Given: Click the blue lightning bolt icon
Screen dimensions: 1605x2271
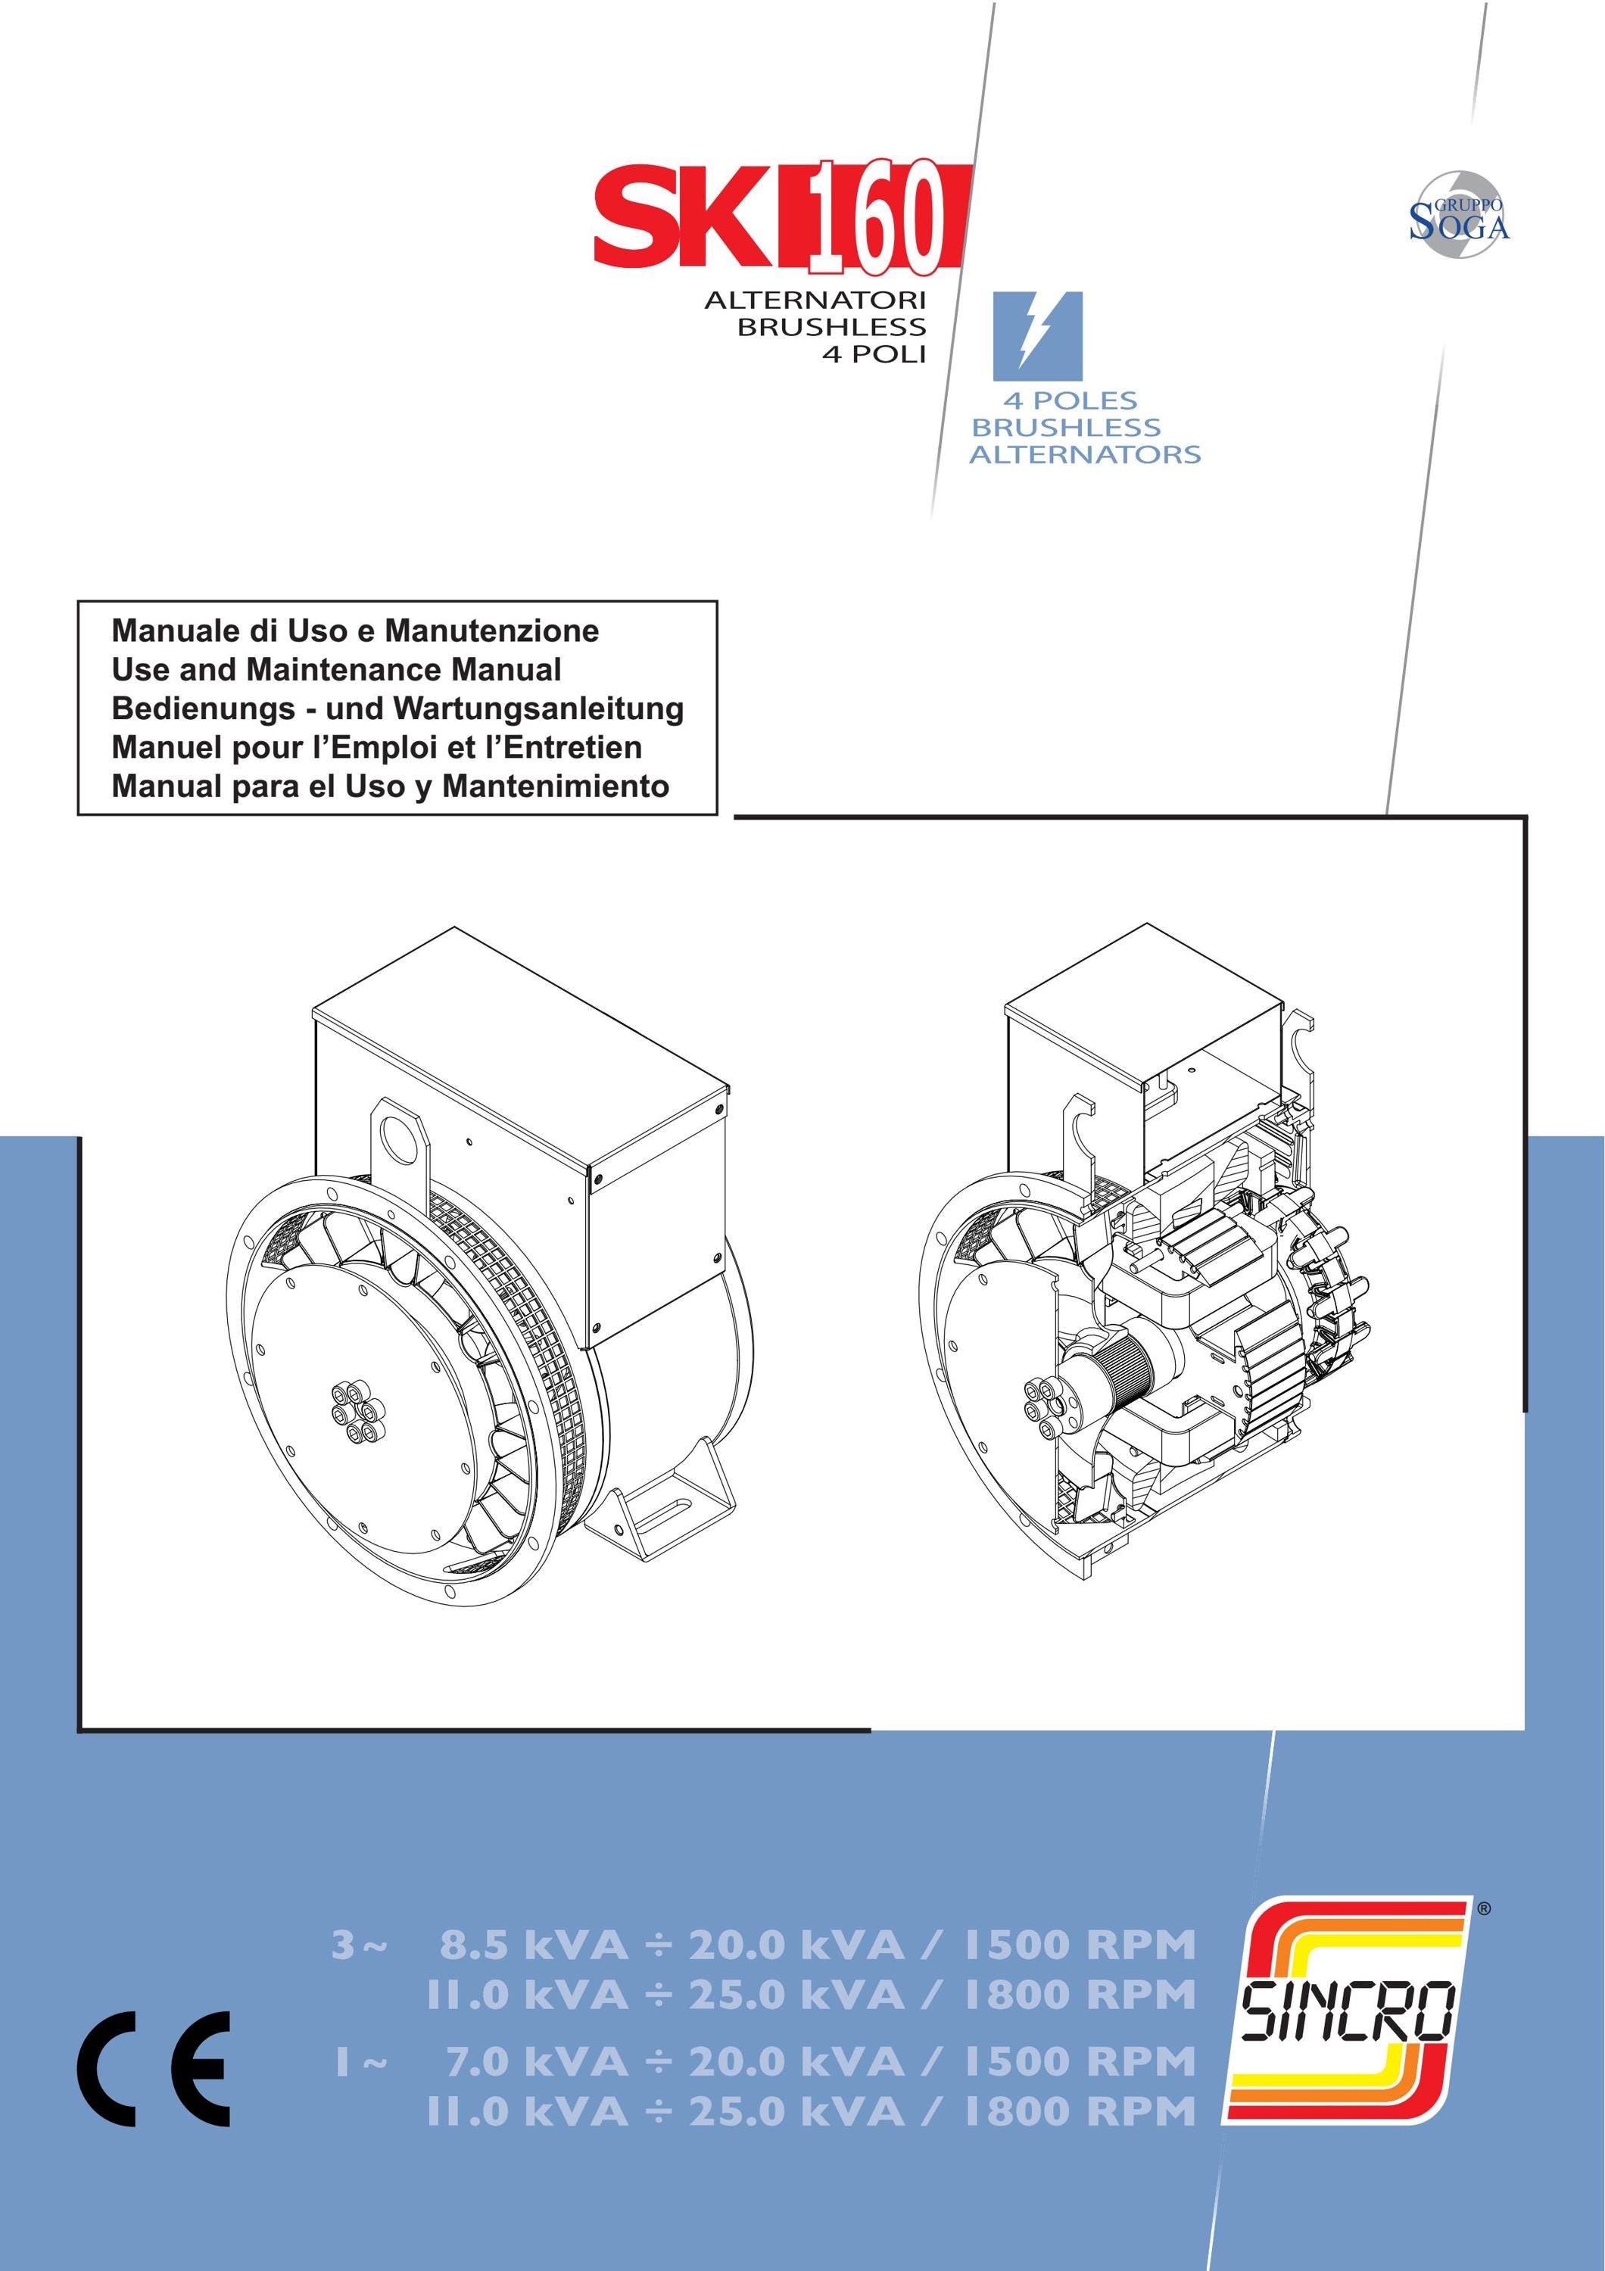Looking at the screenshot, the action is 1037,335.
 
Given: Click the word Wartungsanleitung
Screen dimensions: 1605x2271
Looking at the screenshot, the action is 538,709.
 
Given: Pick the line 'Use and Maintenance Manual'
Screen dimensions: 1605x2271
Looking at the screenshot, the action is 336,670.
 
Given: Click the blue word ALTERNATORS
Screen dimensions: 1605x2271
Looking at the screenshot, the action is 1085,454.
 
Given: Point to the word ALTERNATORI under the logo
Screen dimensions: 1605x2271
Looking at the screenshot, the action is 815,300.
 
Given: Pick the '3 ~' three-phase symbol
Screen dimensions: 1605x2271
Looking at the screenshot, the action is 360,1945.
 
